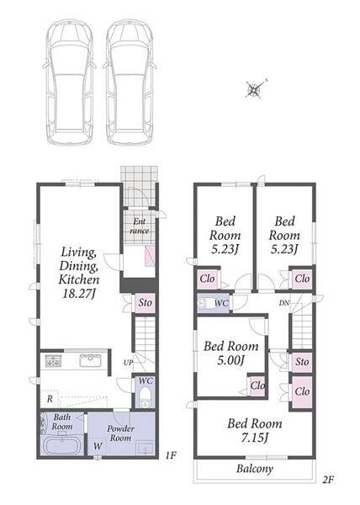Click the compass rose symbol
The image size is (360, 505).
click(x=256, y=88)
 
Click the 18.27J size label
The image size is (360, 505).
click(x=78, y=293)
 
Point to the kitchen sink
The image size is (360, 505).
click(x=90, y=360)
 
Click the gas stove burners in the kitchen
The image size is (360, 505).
click(x=53, y=361)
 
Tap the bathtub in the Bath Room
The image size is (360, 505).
click(x=61, y=446)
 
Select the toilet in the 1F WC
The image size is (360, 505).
click(x=146, y=397)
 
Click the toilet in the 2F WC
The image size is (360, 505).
click(x=204, y=303)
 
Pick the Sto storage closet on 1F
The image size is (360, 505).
click(x=145, y=302)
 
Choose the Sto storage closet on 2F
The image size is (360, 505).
click(x=302, y=362)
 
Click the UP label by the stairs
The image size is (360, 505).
click(x=128, y=363)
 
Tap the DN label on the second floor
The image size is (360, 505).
click(x=283, y=303)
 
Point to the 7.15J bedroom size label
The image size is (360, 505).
click(x=255, y=438)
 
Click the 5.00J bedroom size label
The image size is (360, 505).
click(x=230, y=360)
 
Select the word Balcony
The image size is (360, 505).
click(x=255, y=469)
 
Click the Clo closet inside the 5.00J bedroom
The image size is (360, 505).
click(x=257, y=385)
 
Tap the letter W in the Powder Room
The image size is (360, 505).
click(x=98, y=446)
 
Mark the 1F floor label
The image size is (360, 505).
click(x=171, y=455)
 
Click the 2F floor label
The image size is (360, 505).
click(x=328, y=480)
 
